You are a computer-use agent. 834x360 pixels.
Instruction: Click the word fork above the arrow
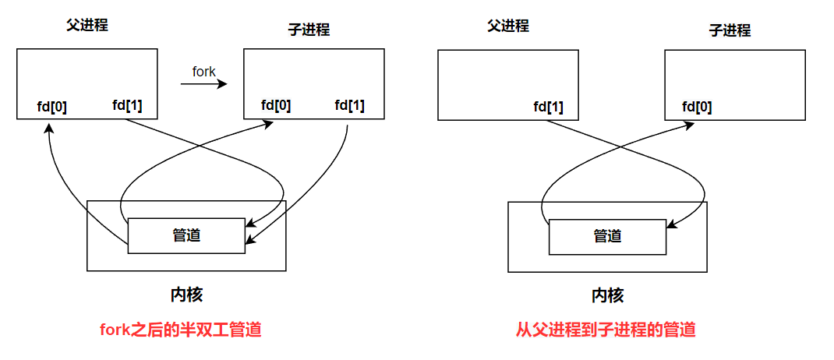coord(203,72)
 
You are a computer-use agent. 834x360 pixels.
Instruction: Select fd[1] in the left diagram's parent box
coord(127,105)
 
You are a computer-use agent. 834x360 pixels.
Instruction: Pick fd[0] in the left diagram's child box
coord(276,105)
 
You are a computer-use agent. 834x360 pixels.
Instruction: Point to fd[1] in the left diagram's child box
coord(349,105)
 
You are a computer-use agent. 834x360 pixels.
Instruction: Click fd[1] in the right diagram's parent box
coord(549,107)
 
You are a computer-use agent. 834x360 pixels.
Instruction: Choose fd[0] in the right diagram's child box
coord(697,107)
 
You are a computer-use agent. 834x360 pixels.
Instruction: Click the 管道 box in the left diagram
coord(186,235)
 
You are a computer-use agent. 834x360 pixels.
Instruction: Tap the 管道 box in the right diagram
coord(607,236)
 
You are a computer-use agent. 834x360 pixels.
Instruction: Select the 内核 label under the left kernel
coord(186,295)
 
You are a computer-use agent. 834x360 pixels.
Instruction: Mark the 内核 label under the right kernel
coord(607,295)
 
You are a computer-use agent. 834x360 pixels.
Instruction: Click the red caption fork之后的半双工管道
coord(180,330)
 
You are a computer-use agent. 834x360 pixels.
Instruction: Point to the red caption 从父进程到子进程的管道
coord(606,330)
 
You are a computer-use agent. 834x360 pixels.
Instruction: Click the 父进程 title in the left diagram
coord(87,25)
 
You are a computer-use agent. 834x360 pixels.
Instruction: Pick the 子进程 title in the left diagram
coord(309,30)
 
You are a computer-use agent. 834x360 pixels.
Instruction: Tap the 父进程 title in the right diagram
coord(507,26)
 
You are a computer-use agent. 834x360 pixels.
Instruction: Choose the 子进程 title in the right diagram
coord(730,30)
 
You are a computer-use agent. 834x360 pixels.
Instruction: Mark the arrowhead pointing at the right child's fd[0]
coord(692,125)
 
